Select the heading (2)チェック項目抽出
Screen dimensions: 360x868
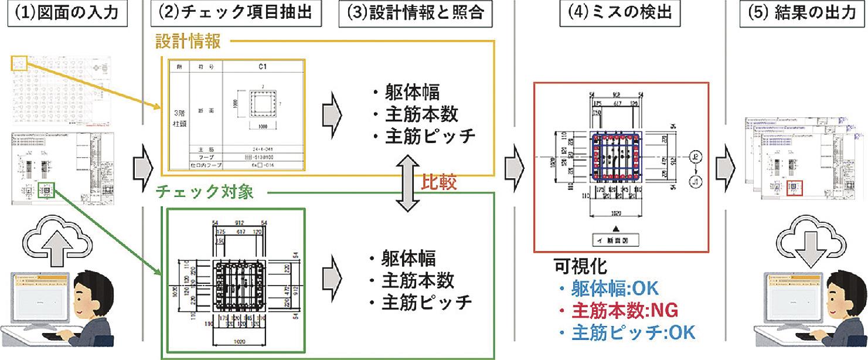[236, 13]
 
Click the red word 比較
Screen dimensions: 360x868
[439, 183]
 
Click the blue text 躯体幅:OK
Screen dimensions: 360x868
[610, 288]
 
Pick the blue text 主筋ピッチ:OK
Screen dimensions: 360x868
[626, 332]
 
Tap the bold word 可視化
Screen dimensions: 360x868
[580, 267]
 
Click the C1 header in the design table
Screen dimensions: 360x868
[263, 67]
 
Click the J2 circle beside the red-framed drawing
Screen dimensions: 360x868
[696, 157]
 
